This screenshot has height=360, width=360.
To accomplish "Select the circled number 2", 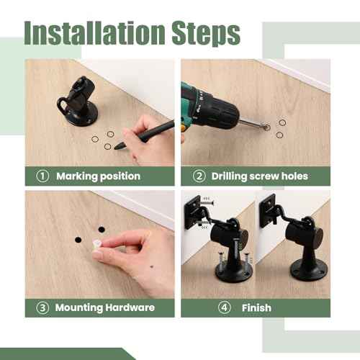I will click(198, 176).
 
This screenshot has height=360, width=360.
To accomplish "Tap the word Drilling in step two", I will click(235, 176).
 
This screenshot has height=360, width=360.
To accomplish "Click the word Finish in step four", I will click(257, 307).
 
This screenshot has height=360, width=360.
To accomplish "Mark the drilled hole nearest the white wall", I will click(102, 230).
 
